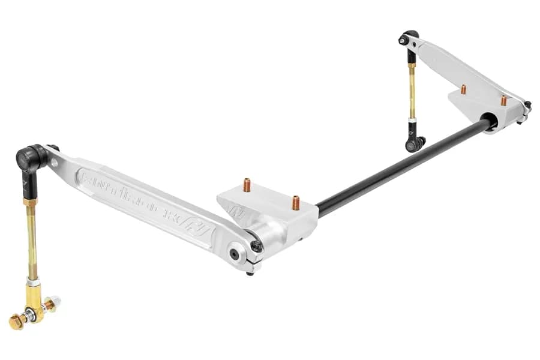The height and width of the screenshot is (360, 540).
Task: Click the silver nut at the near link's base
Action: point(55,301)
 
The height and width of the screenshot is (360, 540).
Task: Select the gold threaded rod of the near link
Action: point(32,240)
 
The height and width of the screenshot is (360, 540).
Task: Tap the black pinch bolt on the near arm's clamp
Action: point(256,246)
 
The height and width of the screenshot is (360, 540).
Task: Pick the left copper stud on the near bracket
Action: point(247,185)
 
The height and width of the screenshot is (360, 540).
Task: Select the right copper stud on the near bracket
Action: point(295,203)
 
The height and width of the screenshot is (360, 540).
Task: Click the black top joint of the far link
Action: point(410,39)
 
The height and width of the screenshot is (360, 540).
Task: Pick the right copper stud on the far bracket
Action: point(503,100)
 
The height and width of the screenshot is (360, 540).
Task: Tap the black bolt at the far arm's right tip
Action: point(527,105)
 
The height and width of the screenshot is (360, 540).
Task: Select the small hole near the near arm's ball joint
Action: point(55,162)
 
